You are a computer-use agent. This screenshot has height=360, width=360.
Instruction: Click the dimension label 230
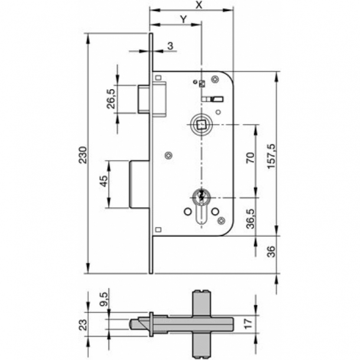(84, 154)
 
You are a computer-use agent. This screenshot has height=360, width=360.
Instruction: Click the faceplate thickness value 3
(169, 45)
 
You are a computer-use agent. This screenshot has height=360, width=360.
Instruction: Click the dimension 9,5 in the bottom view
(104, 299)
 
